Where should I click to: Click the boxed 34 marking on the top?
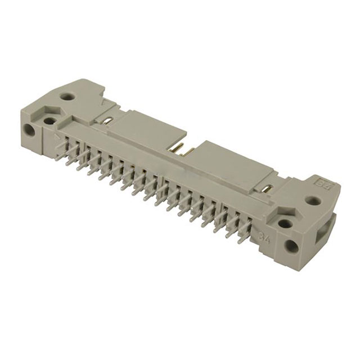(324, 183)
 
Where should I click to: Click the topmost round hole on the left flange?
(69, 97)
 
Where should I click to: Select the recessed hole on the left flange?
(49, 120)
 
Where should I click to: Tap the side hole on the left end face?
(28, 129)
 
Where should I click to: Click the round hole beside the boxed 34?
(313, 200)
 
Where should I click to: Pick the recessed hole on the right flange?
(285, 223)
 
